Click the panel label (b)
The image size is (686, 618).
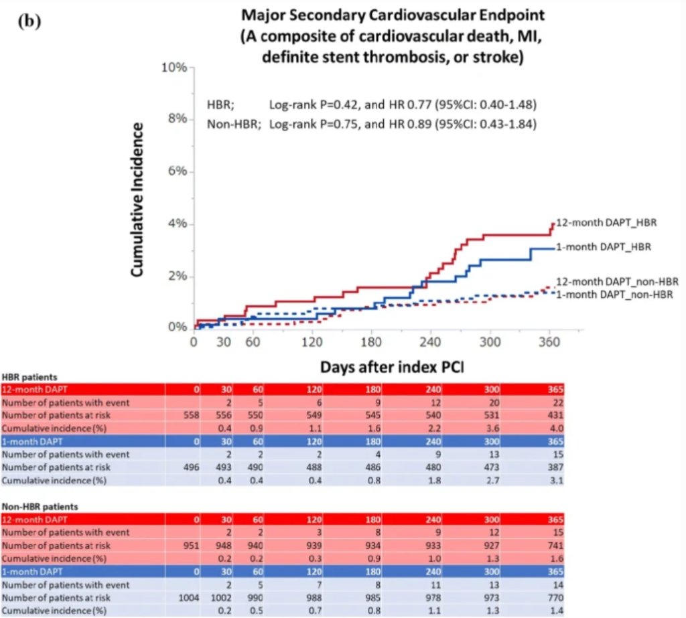29,21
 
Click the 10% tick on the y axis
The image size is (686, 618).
174,68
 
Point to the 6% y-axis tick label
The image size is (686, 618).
178,171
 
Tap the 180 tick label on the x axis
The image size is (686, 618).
371,341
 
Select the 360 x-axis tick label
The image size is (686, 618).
549,341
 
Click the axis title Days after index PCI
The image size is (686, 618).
392,367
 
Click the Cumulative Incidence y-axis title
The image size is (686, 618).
137,200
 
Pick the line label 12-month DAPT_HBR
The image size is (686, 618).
606,222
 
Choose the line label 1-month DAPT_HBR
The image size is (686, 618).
604,247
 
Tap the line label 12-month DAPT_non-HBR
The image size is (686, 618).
617,282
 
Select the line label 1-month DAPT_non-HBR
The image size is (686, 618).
614,295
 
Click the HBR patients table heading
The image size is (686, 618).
29,377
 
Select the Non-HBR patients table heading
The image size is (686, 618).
40,506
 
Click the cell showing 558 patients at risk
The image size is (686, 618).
191,415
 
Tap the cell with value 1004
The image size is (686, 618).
188,597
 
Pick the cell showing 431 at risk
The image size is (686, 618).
555,415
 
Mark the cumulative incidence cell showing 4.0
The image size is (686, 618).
557,429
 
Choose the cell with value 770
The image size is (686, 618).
555,597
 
